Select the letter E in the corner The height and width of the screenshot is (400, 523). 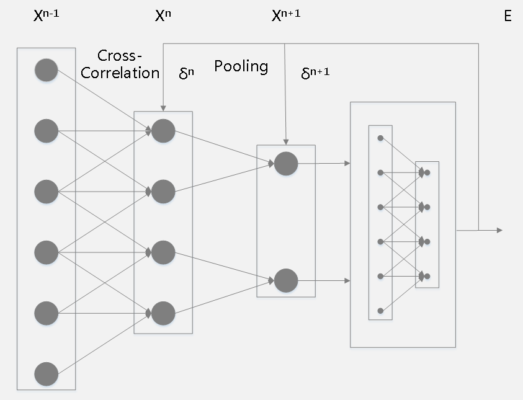tap(507, 17)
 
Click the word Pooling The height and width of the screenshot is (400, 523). tap(241, 66)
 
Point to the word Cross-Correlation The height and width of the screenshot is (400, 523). tap(128, 64)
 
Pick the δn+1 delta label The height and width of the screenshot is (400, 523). tap(315, 73)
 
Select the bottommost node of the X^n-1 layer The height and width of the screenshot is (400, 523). tap(47, 374)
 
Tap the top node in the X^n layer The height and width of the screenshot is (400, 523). tap(163, 130)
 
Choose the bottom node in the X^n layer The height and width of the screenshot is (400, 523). tap(163, 313)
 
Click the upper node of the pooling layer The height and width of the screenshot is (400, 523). tap(286, 164)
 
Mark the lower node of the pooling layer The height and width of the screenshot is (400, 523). tap(286, 280)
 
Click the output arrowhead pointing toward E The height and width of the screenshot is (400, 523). tap(499, 231)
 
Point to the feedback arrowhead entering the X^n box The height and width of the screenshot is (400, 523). tap(163, 108)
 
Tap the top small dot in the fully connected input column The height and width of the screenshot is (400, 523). tap(380, 138)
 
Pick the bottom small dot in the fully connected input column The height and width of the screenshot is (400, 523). tap(380, 310)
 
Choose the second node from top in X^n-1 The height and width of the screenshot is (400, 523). tap(47, 130)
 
